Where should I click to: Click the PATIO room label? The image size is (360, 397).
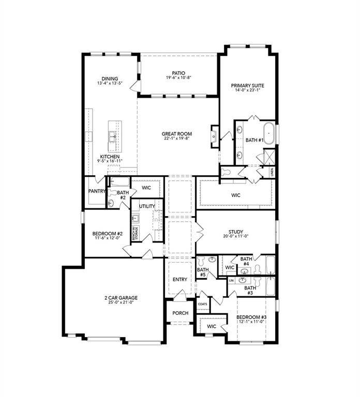178,73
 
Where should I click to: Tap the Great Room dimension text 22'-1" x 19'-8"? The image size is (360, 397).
177,138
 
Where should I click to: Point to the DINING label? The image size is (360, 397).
110,79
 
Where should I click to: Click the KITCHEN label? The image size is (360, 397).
110,157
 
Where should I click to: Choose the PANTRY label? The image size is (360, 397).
97,191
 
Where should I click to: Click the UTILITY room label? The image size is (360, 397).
147,206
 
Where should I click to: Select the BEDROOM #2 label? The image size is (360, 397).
106,233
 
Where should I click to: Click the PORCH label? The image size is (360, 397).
180,313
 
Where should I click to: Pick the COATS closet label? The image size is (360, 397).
202,304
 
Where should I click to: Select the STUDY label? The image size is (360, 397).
235,232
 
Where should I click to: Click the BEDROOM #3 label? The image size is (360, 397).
252,316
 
